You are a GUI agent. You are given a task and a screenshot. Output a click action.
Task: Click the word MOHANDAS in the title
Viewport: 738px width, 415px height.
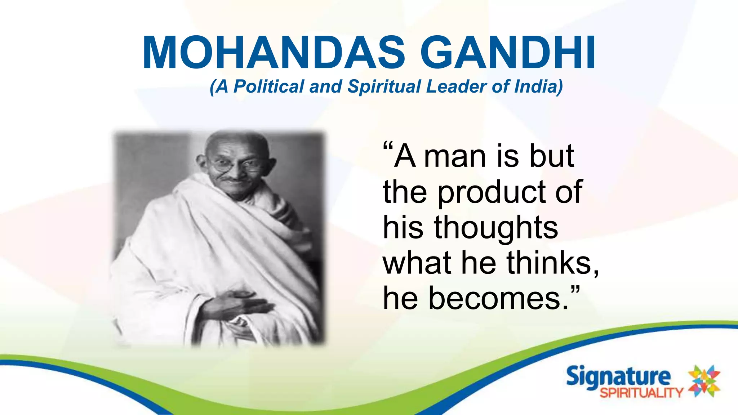coord(274,53)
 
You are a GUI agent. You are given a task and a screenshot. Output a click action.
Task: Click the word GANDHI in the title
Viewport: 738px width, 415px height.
coord(508,53)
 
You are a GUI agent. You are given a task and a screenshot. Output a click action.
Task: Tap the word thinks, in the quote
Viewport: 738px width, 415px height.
coord(553,263)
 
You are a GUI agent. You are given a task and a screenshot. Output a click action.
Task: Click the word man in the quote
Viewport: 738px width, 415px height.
coord(454,157)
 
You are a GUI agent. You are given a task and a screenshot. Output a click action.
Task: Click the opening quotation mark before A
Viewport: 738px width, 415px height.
coord(387,148)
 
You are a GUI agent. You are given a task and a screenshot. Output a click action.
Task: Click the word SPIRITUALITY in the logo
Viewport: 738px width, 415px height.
coord(641,392)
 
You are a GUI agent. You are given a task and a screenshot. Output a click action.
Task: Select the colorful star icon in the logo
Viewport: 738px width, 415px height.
coord(704,381)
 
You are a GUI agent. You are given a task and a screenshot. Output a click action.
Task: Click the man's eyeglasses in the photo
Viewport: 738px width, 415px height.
coord(234,166)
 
